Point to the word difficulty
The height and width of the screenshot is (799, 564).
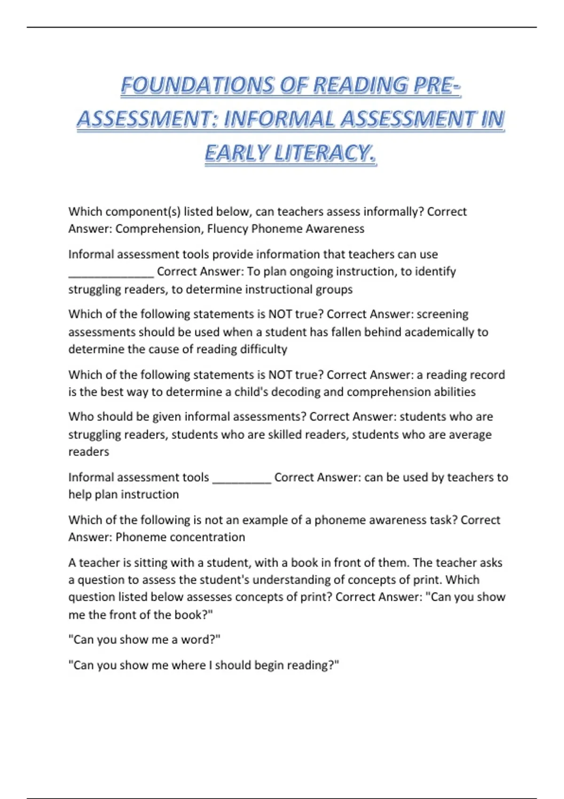click(264, 349)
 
